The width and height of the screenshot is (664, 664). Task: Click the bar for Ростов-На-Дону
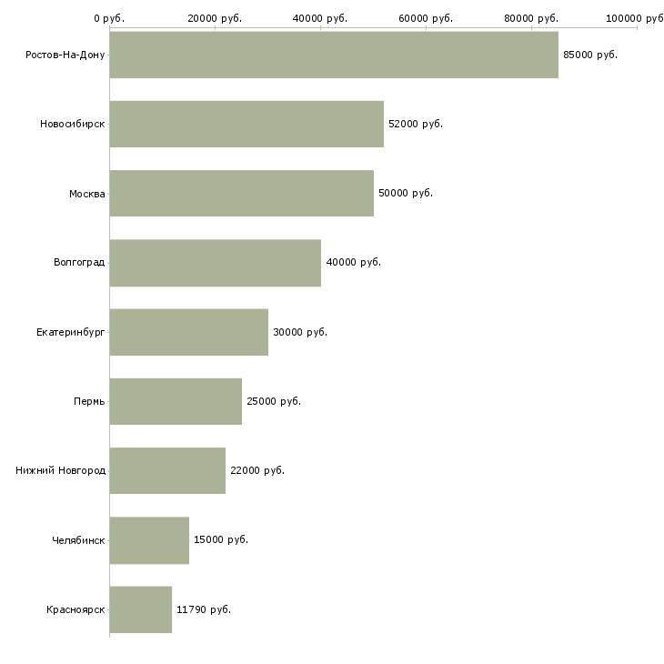click(334, 55)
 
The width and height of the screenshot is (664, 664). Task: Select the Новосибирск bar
click(246, 124)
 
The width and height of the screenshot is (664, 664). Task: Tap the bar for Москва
click(241, 193)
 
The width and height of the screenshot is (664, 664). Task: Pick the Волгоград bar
click(216, 263)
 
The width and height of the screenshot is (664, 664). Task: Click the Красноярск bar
click(141, 609)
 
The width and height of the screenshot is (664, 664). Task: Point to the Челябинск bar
click(149, 540)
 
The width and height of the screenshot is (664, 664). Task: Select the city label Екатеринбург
click(70, 332)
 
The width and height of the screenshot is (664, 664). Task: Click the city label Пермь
click(89, 401)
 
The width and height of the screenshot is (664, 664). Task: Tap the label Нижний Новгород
click(61, 470)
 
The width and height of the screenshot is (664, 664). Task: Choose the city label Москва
click(86, 194)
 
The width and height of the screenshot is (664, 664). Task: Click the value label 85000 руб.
click(590, 55)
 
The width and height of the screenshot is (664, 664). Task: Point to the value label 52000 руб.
click(416, 124)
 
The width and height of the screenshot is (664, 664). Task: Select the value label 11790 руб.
click(204, 609)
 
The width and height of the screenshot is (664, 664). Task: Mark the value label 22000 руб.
click(257, 470)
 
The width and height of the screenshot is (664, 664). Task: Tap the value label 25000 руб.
click(274, 401)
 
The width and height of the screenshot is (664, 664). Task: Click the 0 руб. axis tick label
click(109, 18)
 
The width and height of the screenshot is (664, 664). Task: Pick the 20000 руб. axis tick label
click(215, 18)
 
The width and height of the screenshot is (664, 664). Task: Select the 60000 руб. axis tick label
click(426, 18)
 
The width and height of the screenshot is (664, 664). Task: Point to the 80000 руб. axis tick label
click(531, 18)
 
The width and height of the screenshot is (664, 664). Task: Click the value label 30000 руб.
click(300, 332)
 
